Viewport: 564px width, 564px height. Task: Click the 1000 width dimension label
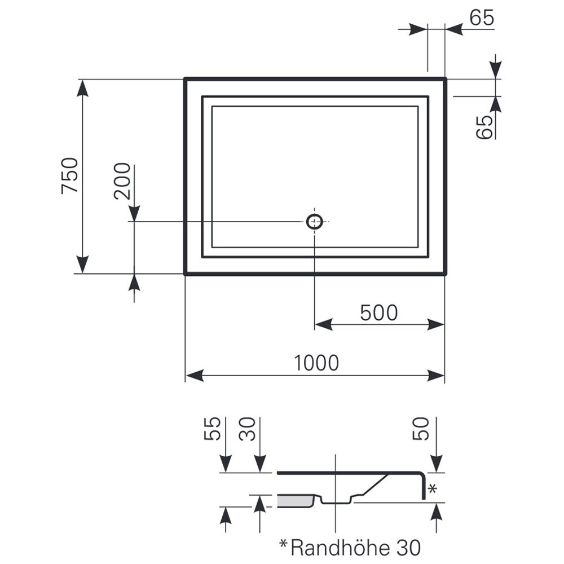(316, 363)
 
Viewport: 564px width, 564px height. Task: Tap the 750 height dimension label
(70, 176)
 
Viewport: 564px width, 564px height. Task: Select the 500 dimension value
(379, 312)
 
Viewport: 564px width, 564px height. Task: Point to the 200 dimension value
(122, 181)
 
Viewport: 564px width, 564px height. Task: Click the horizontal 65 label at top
(482, 17)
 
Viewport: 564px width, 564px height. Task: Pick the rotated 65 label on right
(484, 127)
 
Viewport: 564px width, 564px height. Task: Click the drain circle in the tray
(314, 222)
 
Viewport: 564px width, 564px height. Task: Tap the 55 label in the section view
(212, 429)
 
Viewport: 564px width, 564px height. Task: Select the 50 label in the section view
(421, 429)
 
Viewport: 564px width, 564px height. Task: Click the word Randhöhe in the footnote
(340, 548)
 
